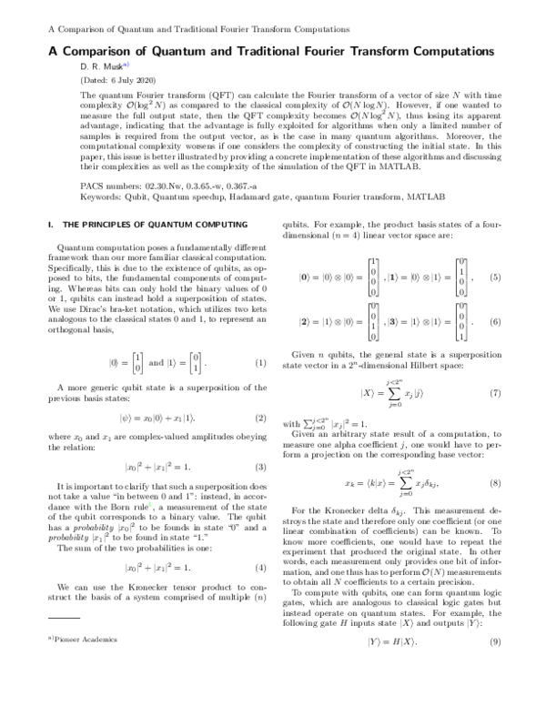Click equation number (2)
[x=260, y=419]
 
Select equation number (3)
[x=260, y=467]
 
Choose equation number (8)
[x=495, y=482]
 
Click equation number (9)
[x=495, y=642]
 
